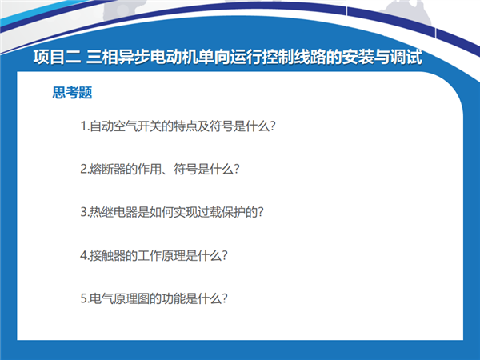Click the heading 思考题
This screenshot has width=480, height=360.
coord(72,93)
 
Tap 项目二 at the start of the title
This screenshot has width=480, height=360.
coord(57,57)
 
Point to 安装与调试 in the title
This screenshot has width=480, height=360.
coord(382,57)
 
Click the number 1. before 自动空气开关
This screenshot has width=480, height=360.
coord(85,126)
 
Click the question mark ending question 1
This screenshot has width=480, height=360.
coord(273,126)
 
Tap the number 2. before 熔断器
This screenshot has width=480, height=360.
coord(85,169)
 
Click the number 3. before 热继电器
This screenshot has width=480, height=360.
coord(85,212)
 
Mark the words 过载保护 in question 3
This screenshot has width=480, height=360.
coord(221,212)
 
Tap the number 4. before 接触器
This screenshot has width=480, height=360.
coord(85,255)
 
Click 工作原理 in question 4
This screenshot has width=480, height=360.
coord(162,255)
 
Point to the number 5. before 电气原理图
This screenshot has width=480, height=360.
coord(85,298)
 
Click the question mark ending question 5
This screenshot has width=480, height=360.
coord(224,298)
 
